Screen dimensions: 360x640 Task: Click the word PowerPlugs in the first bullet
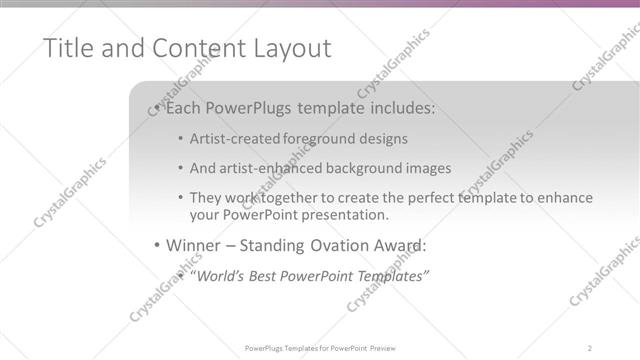(x=251, y=106)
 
